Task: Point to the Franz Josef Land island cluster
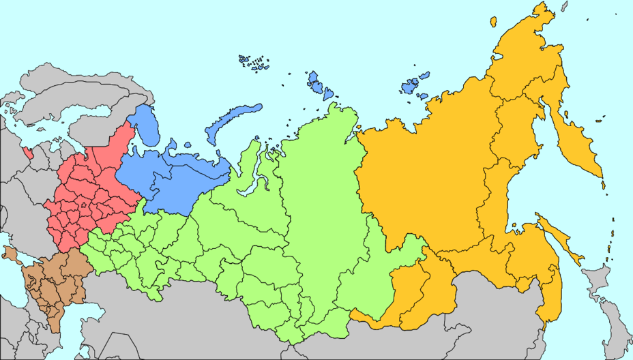pos(254,63)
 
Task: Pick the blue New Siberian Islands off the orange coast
pos(413,85)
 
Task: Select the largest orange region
pos(423,177)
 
